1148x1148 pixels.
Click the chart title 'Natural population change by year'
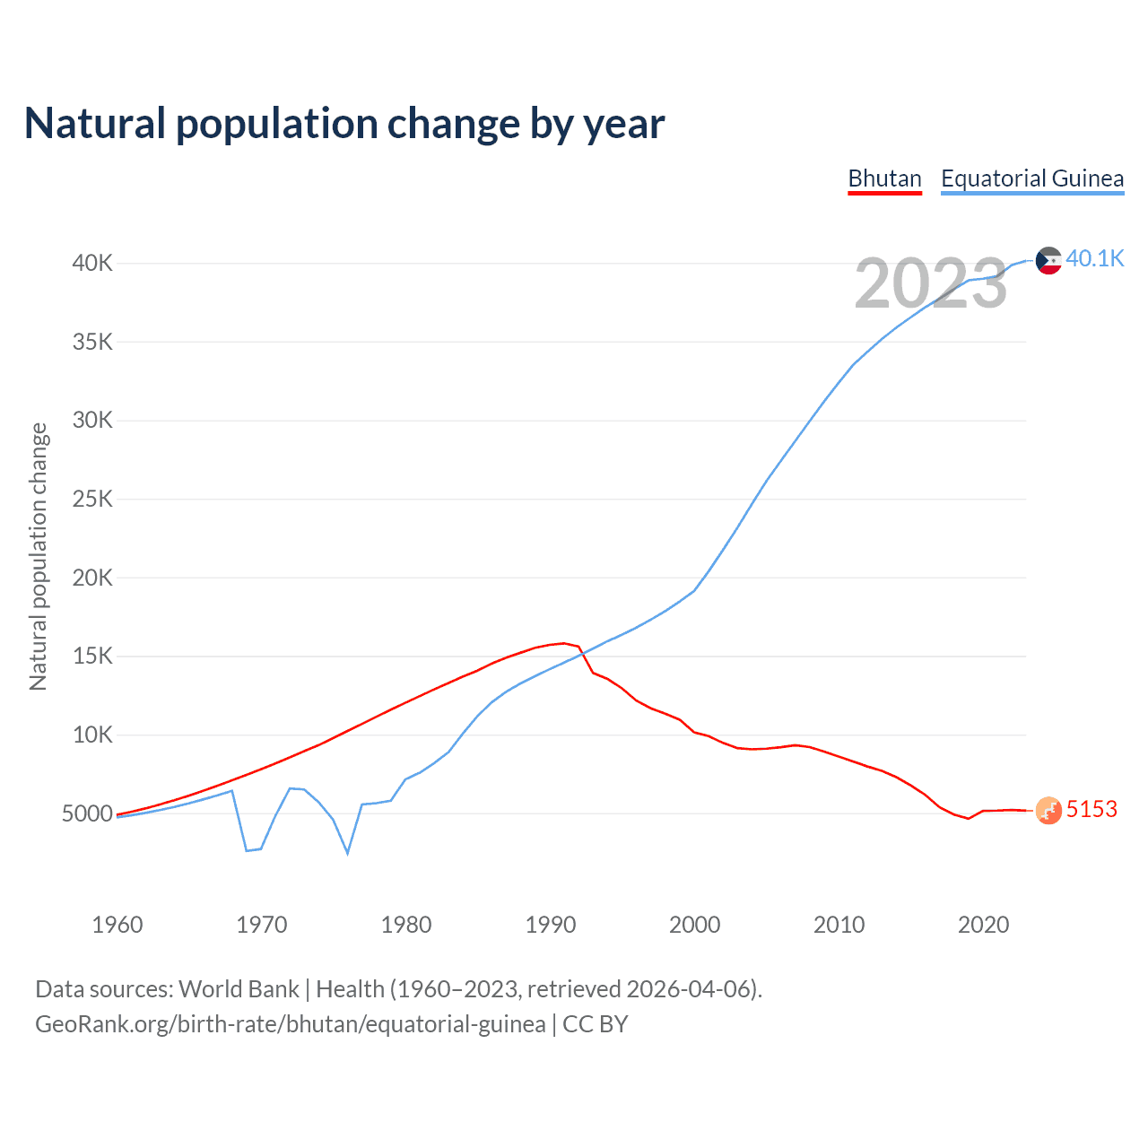(344, 124)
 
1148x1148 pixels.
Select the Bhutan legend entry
(884, 178)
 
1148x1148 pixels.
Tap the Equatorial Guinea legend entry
(1031, 178)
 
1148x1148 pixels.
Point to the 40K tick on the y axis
(93, 263)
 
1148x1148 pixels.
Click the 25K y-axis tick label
(93, 499)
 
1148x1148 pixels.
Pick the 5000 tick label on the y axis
(88, 813)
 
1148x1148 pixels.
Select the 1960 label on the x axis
(117, 925)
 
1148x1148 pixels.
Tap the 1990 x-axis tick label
(550, 925)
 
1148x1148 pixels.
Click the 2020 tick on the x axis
(983, 925)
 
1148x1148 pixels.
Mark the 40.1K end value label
(1094, 258)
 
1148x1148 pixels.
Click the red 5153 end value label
(1091, 809)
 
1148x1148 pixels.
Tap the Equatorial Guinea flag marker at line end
(1048, 260)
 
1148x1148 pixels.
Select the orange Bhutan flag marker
(1048, 811)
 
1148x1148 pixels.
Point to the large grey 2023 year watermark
(931, 283)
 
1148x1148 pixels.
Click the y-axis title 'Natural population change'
(38, 556)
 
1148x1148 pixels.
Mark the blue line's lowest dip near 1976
(347, 853)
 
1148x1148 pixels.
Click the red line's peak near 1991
(564, 643)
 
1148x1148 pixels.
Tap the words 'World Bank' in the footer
(239, 988)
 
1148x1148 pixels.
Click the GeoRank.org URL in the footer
(290, 1023)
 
